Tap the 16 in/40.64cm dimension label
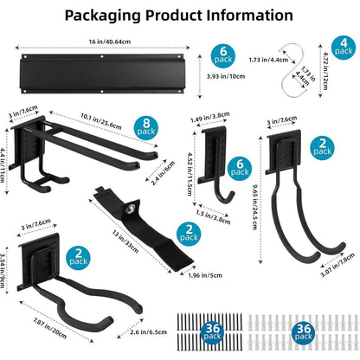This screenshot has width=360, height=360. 110,42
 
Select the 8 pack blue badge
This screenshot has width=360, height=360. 146,128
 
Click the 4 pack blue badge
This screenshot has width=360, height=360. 344,48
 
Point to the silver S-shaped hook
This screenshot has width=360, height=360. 295,70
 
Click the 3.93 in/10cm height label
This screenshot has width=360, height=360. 226,76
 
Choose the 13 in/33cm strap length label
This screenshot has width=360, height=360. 125,241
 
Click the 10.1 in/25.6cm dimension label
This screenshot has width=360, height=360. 101,121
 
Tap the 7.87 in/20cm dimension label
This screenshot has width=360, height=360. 50,328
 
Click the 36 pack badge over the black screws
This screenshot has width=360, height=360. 212,332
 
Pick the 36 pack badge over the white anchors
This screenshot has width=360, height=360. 304,332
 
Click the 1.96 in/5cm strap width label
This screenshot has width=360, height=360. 205,275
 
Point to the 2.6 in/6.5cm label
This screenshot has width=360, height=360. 148,332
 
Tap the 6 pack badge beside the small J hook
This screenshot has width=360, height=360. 240,169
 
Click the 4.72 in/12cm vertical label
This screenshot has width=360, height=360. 325,71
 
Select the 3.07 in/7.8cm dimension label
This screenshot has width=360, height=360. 337,265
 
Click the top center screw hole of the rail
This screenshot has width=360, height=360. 102,56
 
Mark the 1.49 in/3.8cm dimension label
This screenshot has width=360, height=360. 210,117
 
